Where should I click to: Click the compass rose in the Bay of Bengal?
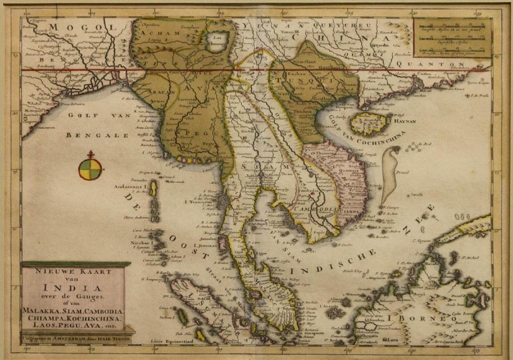coord(90,169)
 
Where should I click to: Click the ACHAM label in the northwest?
coord(152,34)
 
